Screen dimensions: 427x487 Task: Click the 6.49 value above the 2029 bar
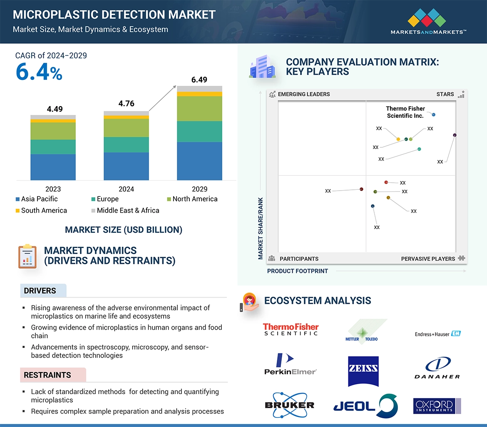[x=199, y=79]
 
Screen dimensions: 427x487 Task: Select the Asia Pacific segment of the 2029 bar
[x=199, y=161]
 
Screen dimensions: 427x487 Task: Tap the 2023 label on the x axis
[x=53, y=189]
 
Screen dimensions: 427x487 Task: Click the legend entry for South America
[x=44, y=211]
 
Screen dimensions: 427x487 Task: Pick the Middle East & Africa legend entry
[x=128, y=211]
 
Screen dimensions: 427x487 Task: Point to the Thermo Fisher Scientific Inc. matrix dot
[x=434, y=114]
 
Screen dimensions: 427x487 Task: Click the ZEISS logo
[x=363, y=369]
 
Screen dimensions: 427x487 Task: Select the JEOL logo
[x=365, y=405]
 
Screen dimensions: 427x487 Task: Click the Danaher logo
[x=437, y=368]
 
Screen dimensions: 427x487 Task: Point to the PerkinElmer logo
[x=290, y=364]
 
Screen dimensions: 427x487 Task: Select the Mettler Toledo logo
[x=362, y=333]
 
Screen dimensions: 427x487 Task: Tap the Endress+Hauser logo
[x=437, y=334]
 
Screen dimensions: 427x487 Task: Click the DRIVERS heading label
[x=40, y=291]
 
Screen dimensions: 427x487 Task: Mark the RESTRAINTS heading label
[x=47, y=375]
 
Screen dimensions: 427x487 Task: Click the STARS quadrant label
[x=445, y=94]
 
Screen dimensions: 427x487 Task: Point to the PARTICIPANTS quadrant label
[x=299, y=259]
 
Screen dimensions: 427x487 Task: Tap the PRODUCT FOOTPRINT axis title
[x=298, y=271]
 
